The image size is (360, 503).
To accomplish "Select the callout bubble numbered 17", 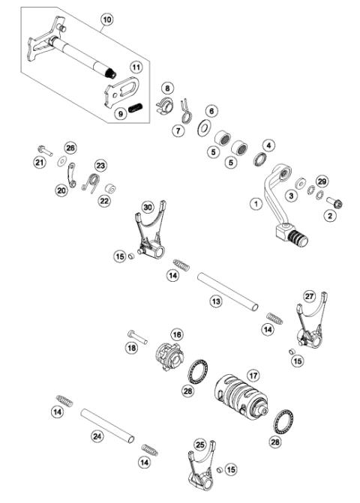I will pos(253,374).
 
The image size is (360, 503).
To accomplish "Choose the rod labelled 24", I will pos(108,424).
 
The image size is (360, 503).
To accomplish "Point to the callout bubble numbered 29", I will pos(322,182).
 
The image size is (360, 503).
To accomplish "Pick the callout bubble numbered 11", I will pos(136,67).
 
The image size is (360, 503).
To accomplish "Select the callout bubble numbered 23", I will pos(100,165).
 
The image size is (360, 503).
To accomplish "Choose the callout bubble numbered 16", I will pos(176,334).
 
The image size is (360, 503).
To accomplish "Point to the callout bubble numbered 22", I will pos(103,201).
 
